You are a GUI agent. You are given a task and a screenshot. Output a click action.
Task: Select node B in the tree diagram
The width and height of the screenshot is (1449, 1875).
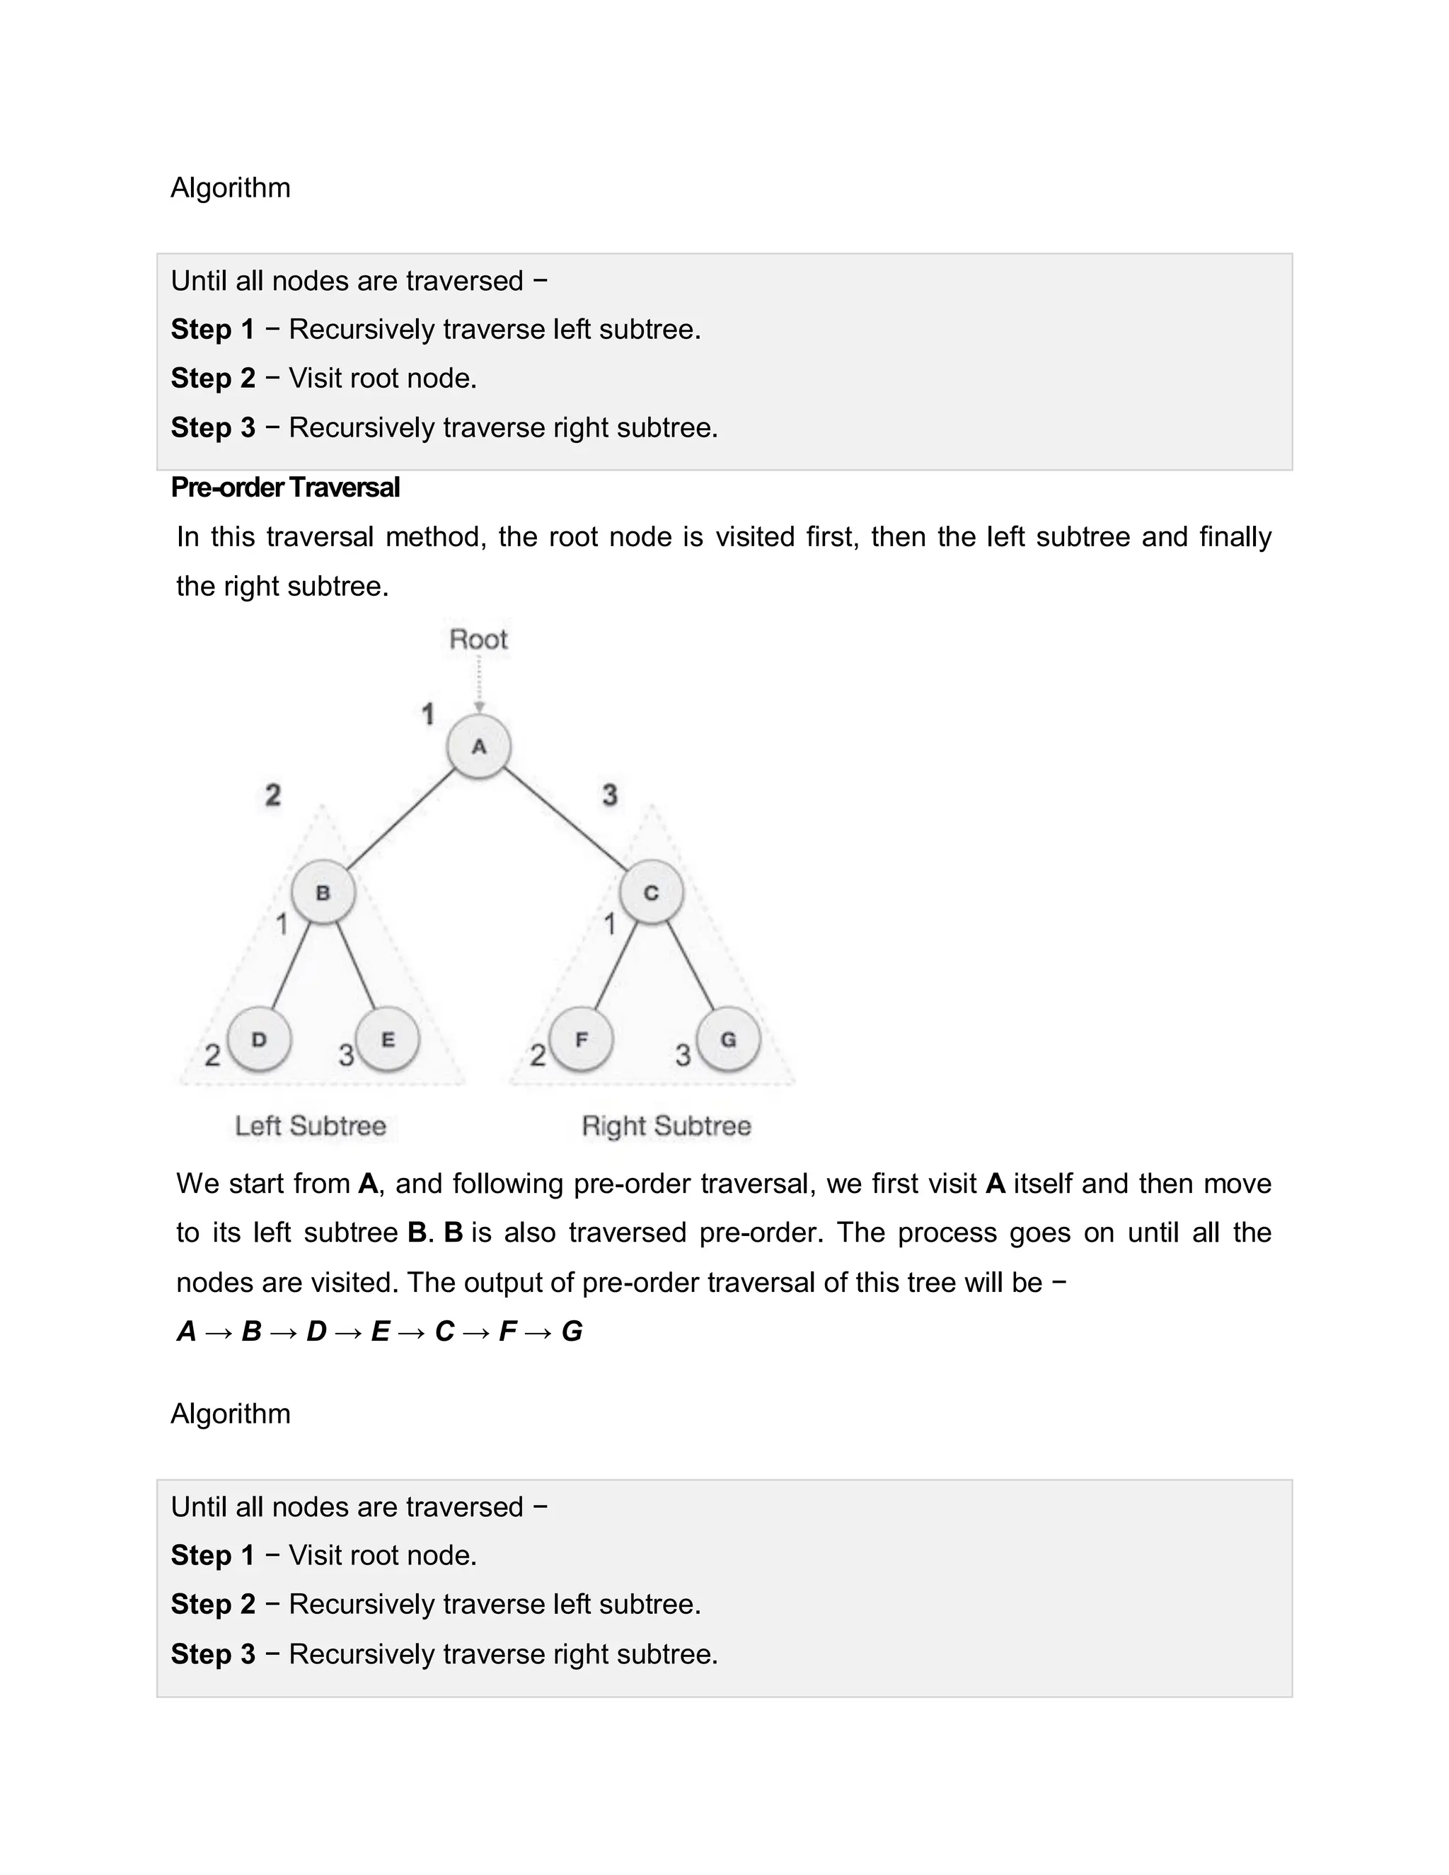[x=323, y=893]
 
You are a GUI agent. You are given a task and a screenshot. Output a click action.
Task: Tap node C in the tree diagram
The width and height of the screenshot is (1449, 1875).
[x=652, y=893]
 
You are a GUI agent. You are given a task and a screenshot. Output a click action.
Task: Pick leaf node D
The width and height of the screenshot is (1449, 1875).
[x=259, y=1039]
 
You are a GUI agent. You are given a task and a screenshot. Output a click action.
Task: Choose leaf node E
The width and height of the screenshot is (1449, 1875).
[x=387, y=1039]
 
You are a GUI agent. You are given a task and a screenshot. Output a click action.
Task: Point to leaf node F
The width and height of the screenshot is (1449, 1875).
[x=581, y=1039]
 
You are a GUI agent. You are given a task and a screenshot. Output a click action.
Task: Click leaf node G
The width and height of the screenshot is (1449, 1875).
[x=728, y=1039]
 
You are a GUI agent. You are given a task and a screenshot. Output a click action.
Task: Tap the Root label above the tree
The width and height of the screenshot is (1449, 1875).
[x=478, y=640]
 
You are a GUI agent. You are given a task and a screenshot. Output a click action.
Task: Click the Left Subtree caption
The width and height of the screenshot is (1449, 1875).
[x=311, y=1126]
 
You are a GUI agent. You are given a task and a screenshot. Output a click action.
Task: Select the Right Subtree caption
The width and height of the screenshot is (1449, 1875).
[x=666, y=1126]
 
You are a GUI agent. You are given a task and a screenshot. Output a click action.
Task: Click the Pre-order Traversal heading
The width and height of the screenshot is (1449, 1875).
[x=285, y=487]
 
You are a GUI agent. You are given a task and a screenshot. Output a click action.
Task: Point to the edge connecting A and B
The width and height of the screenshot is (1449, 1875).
[x=401, y=819]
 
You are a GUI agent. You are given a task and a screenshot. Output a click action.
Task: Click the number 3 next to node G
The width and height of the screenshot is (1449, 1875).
[x=683, y=1055]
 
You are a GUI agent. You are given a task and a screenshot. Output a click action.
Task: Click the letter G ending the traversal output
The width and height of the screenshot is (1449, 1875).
[x=572, y=1332]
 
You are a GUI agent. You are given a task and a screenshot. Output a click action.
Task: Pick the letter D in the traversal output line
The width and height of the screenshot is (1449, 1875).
[x=316, y=1332]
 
